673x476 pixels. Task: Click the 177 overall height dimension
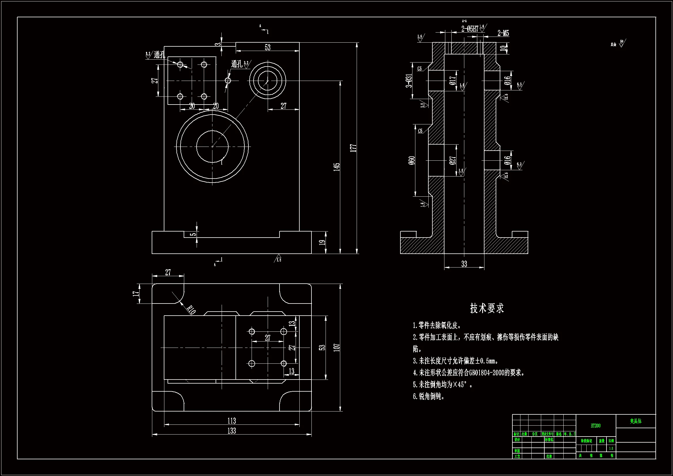pyautogui.click(x=353, y=148)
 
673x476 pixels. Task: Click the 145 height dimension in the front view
pyautogui.click(x=337, y=167)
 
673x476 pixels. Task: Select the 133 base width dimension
pyautogui.click(x=231, y=431)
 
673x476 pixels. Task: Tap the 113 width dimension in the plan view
pyautogui.click(x=231, y=421)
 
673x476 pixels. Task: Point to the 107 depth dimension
pyautogui.click(x=337, y=348)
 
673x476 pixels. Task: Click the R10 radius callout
pyautogui.click(x=191, y=310)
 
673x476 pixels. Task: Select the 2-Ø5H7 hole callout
pyautogui.click(x=469, y=29)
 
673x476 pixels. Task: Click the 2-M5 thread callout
pyautogui.click(x=503, y=33)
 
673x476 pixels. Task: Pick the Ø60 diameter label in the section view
pyautogui.click(x=412, y=160)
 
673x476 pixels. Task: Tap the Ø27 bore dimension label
pyautogui.click(x=453, y=160)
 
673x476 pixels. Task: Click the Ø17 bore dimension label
pyautogui.click(x=453, y=80)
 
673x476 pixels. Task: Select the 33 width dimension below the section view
pyautogui.click(x=464, y=264)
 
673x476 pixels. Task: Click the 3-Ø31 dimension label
pyautogui.click(x=409, y=81)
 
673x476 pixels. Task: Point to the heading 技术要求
pyautogui.click(x=486, y=308)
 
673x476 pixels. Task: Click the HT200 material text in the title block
pyautogui.click(x=596, y=426)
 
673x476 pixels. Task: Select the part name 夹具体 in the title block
pyautogui.click(x=636, y=421)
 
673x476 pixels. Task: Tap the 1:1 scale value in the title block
pyautogui.click(x=611, y=448)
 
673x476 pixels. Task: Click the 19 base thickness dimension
pyautogui.click(x=322, y=242)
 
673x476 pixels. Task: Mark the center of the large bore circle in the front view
pyautogui.click(x=212, y=146)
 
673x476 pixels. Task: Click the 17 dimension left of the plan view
pyautogui.click(x=135, y=294)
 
